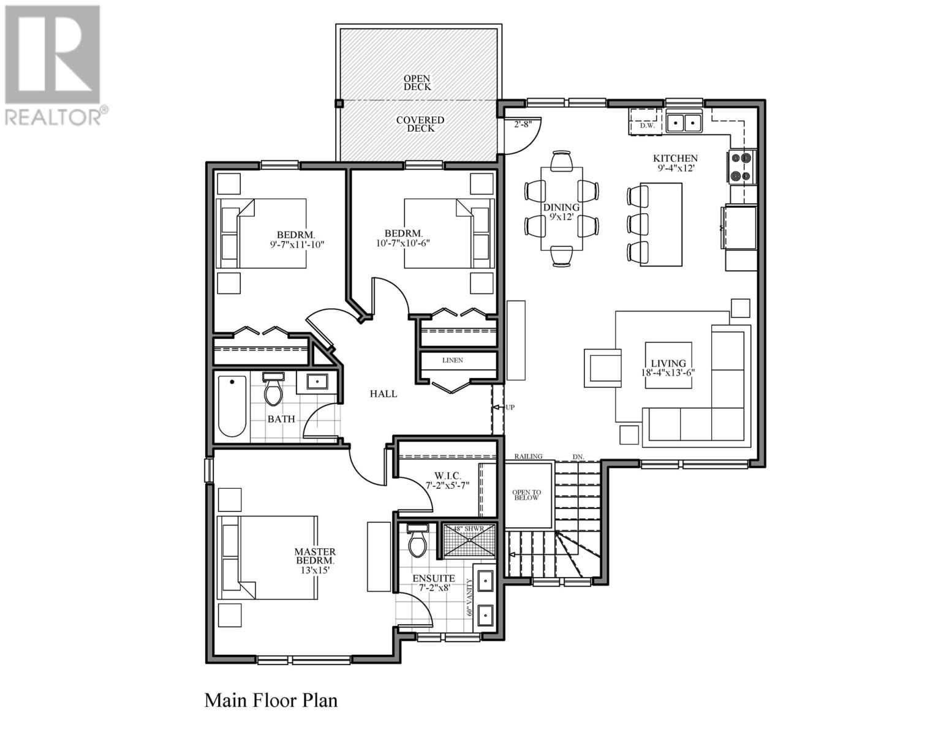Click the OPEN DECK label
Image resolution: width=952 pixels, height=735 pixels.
click(417, 83)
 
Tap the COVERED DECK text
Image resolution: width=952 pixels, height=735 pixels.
click(420, 124)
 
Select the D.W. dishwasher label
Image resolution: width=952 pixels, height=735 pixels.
click(647, 126)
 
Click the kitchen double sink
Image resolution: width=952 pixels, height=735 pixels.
click(684, 123)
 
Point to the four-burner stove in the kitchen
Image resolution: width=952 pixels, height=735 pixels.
click(741, 167)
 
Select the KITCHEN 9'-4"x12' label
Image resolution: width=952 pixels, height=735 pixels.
click(674, 163)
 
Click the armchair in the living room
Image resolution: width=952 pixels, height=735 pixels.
click(602, 368)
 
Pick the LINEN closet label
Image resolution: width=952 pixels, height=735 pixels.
click(453, 360)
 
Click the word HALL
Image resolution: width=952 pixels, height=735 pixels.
click(383, 394)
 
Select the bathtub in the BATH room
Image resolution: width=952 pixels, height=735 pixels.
click(232, 405)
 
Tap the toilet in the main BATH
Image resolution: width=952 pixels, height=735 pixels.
click(273, 390)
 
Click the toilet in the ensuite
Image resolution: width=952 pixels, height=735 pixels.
click(418, 541)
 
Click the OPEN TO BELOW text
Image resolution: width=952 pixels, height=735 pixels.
click(527, 495)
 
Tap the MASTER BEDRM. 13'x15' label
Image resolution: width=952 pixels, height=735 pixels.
click(315, 560)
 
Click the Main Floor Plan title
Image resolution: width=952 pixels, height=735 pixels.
click(271, 700)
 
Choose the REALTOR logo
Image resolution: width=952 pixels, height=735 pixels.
click(53, 64)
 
